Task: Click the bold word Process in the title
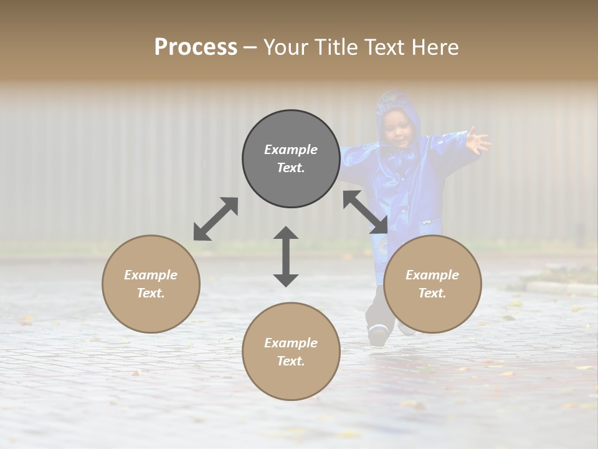[x=196, y=47]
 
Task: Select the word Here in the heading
[x=435, y=47]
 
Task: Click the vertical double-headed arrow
[x=286, y=256]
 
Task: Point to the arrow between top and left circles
[x=216, y=219]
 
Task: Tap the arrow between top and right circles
[x=366, y=212]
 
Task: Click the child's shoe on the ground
[x=377, y=336]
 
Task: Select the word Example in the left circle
[x=151, y=275]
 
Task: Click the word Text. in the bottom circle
[x=291, y=361]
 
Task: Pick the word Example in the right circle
[x=432, y=275]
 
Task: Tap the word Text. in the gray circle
[x=291, y=168]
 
